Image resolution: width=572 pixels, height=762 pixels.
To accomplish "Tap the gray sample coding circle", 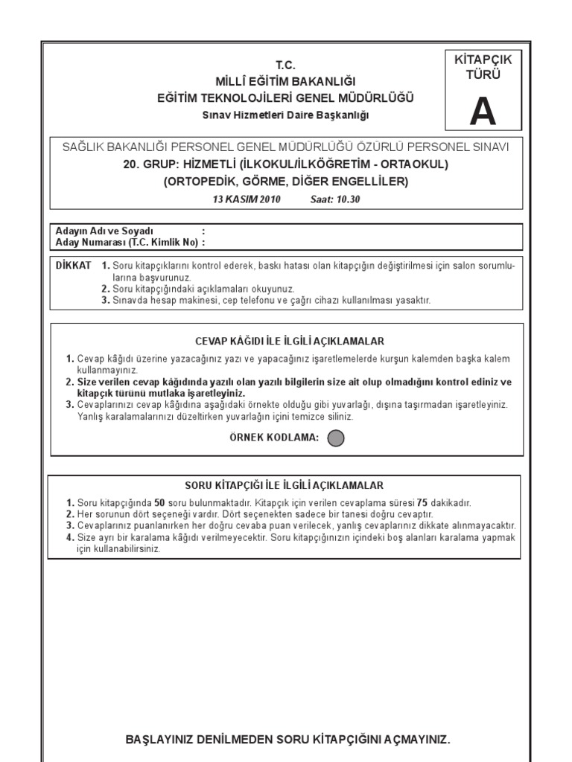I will click(x=336, y=438).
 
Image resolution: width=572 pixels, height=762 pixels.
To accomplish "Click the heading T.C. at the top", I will click(x=286, y=65).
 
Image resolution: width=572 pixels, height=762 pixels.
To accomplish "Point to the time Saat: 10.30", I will click(x=334, y=199).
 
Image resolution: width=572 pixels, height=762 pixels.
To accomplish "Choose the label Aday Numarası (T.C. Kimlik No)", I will click(x=126, y=242).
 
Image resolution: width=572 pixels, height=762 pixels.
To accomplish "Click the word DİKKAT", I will click(x=74, y=266).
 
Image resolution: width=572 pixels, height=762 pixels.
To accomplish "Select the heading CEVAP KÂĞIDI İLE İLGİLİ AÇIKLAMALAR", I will click(x=289, y=342).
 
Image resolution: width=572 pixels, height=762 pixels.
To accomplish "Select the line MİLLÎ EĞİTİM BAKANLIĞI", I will click(x=286, y=81).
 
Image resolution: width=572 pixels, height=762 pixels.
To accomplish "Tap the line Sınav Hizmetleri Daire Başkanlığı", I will click(x=286, y=115).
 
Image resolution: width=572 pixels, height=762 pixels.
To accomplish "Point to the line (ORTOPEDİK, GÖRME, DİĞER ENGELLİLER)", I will click(x=286, y=182).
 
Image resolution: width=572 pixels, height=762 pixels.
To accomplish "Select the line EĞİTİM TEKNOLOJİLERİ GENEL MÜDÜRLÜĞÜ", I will click(x=286, y=98).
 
